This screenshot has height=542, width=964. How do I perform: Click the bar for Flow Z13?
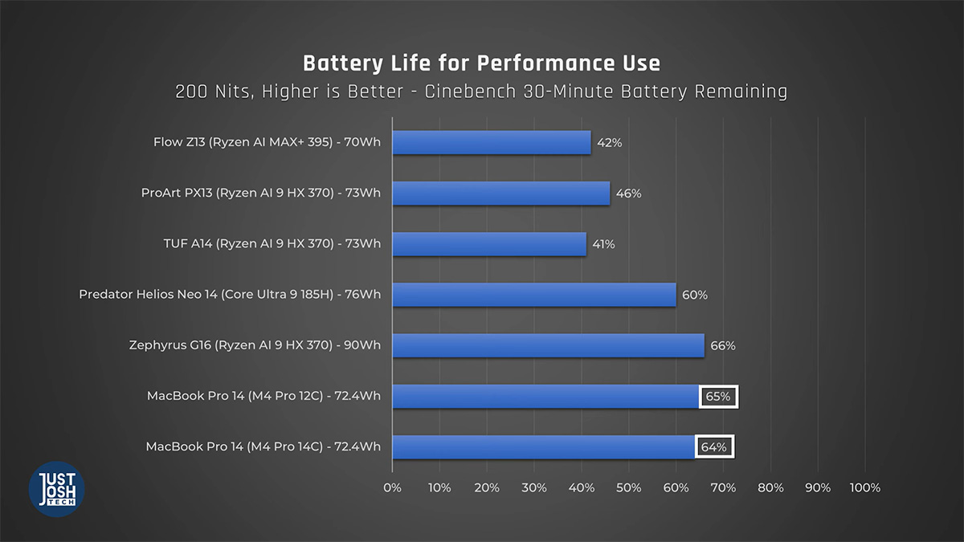coord(492,142)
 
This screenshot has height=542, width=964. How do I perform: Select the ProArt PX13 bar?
coord(501,194)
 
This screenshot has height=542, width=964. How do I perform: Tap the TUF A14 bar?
coord(489,244)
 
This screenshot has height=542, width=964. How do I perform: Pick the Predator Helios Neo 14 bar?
coord(534,295)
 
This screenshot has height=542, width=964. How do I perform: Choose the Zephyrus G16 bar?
coord(548,345)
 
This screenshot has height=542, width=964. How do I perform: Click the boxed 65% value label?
coord(718,396)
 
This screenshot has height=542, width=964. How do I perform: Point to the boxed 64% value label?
coord(714,447)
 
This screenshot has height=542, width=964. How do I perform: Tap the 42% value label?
coord(610,143)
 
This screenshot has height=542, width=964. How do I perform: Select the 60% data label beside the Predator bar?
coord(695,295)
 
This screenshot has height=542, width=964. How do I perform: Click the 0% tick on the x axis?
coord(392,488)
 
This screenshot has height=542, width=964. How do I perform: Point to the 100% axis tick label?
coord(865,488)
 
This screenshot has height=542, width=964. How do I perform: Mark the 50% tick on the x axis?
coord(629,488)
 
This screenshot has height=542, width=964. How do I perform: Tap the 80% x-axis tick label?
coord(770,488)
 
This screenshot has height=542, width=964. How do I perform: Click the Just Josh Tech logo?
coord(57,489)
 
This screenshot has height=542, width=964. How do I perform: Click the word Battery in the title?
coord(343,63)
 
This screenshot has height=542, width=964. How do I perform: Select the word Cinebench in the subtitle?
coord(471,92)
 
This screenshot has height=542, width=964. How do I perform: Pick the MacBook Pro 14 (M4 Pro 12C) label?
coord(263,396)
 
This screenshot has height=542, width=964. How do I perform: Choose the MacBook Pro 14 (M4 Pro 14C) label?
coord(263,446)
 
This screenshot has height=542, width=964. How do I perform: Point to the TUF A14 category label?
coord(272,243)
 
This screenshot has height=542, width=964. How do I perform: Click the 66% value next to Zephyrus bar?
coord(723,346)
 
